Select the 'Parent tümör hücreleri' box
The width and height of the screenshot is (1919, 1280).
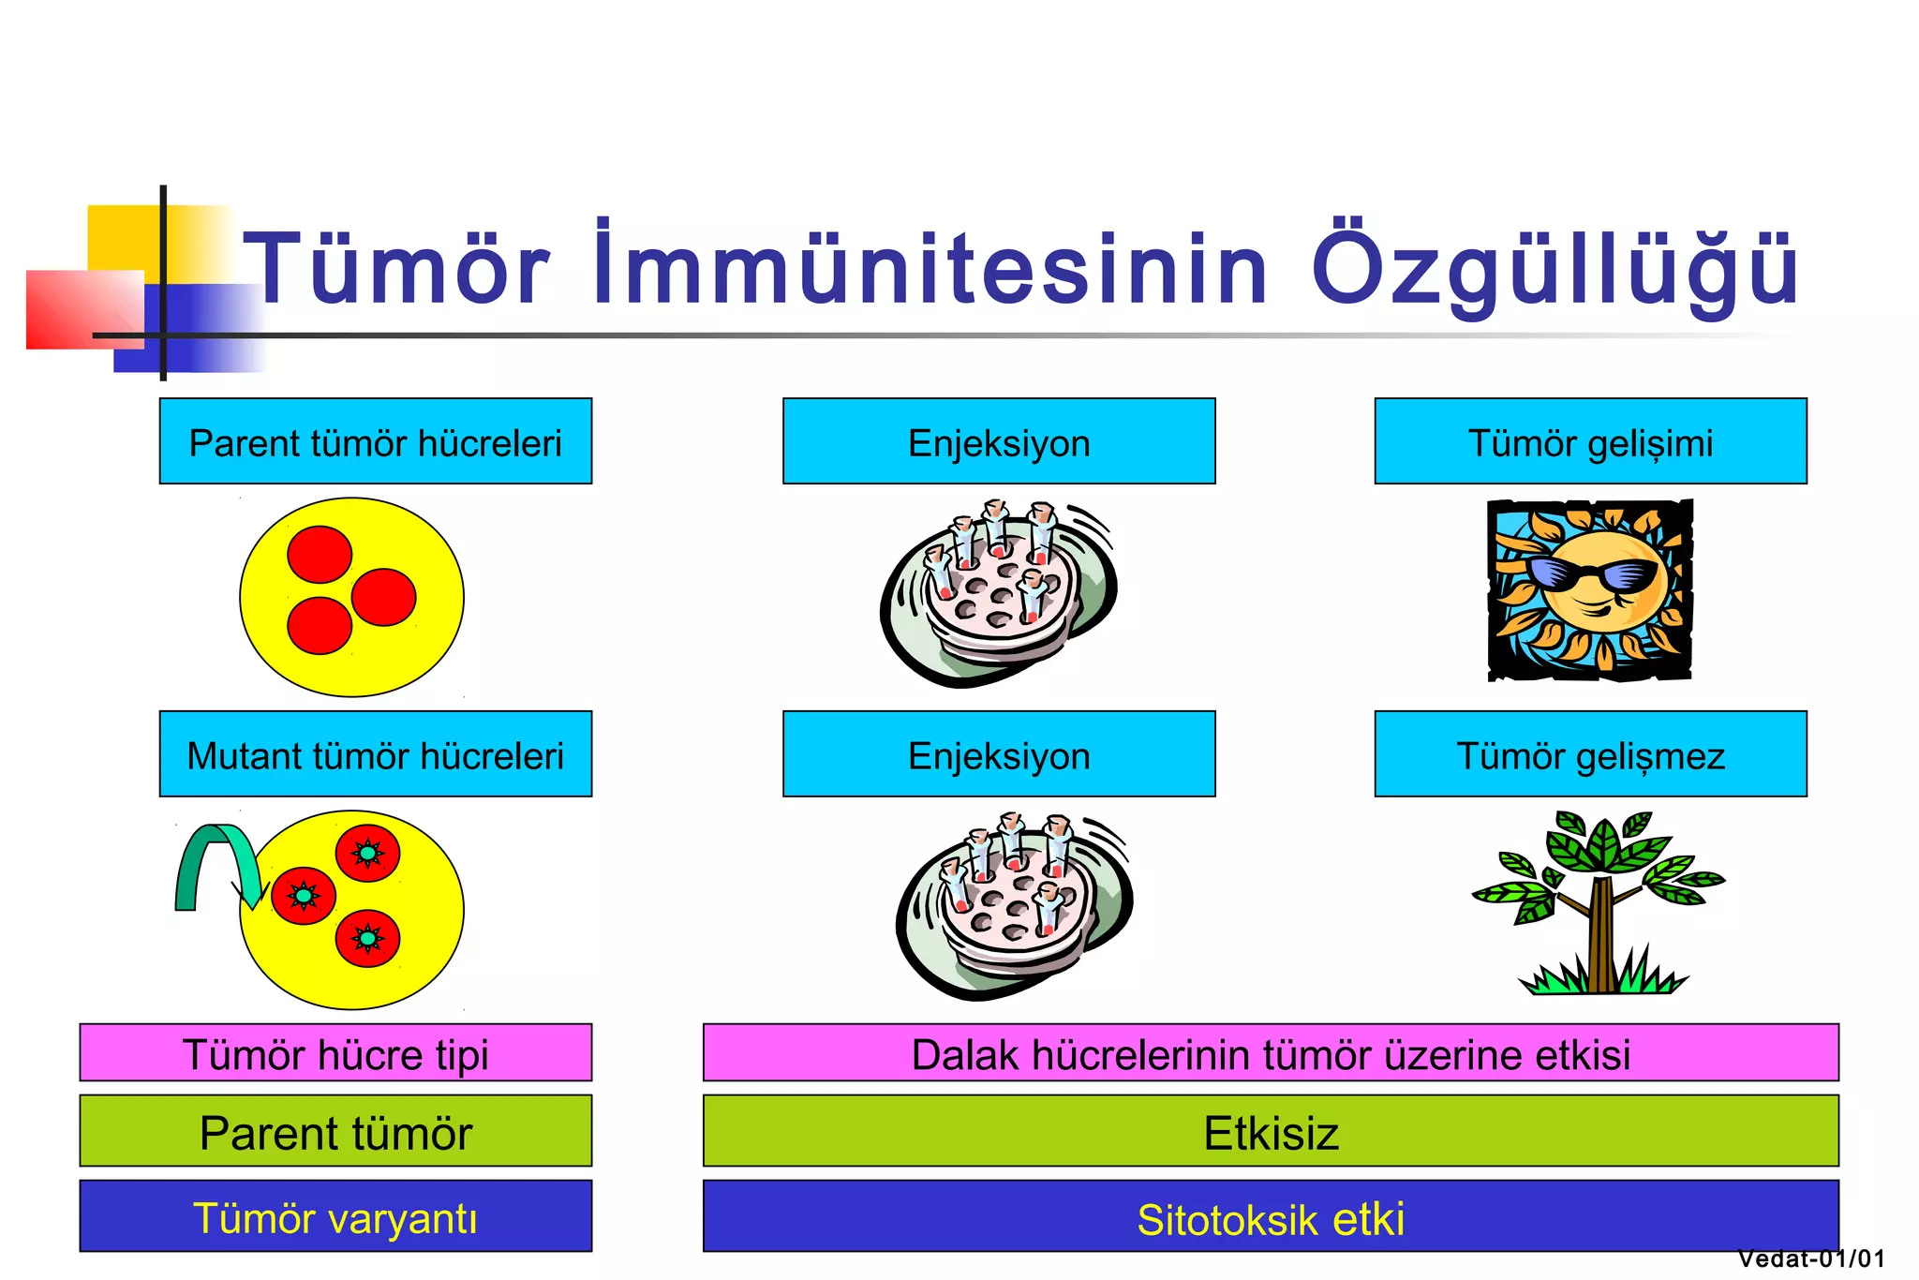pyautogui.click(x=375, y=441)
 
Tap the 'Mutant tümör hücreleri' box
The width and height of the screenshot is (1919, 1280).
pyautogui.click(x=375, y=754)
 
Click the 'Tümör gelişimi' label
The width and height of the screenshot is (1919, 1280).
pyautogui.click(x=1590, y=441)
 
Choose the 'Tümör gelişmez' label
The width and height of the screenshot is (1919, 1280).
pyautogui.click(x=1590, y=754)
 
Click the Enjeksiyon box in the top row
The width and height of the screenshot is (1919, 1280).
pyautogui.click(x=999, y=441)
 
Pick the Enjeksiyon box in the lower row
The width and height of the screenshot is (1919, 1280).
pyautogui.click(x=999, y=754)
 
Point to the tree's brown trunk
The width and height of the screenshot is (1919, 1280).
pyautogui.click(x=1600, y=937)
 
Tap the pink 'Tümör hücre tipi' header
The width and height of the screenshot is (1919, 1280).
pyautogui.click(x=335, y=1053)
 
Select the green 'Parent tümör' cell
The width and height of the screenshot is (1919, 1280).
pyautogui.click(x=335, y=1131)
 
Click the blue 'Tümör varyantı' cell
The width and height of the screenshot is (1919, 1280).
pyautogui.click(x=335, y=1216)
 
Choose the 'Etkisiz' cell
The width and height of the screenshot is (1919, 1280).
pyautogui.click(x=1271, y=1131)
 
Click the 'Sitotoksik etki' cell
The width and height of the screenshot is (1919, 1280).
pyautogui.click(x=1271, y=1216)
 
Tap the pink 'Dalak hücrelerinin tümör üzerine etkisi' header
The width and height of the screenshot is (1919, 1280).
pyautogui.click(x=1271, y=1053)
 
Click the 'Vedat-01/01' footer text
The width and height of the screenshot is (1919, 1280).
pyautogui.click(x=1810, y=1258)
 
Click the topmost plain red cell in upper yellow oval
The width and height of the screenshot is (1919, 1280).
pyautogui.click(x=320, y=554)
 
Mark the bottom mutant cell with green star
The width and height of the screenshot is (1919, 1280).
pyautogui.click(x=368, y=938)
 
